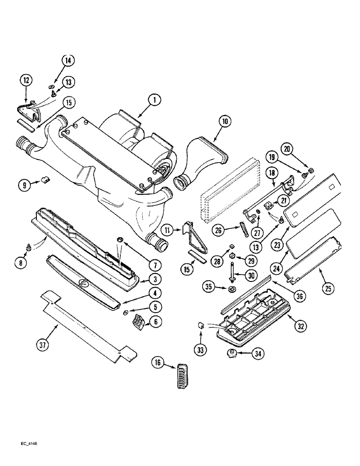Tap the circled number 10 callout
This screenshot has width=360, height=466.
click(225, 122)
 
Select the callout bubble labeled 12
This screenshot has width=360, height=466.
click(26, 81)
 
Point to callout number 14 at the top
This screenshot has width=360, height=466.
click(68, 61)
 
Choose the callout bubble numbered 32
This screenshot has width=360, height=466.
click(301, 326)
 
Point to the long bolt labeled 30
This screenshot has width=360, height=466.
click(232, 273)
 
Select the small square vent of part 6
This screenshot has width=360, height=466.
click(138, 322)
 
